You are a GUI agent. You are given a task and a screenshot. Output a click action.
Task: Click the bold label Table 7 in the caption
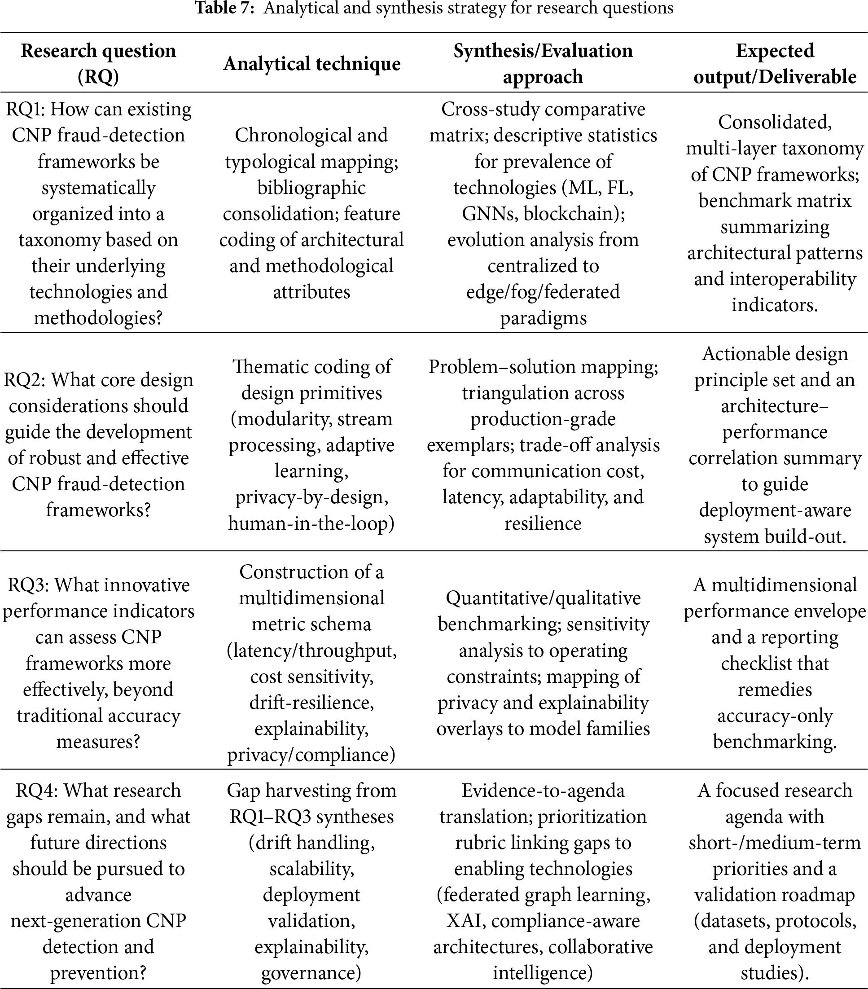224,8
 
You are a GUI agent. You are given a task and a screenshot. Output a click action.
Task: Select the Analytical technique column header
311,64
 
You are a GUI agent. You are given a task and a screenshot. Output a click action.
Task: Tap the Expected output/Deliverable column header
775,64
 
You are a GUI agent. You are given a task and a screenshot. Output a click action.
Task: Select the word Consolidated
775,123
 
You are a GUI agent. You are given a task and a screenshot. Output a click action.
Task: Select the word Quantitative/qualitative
543,598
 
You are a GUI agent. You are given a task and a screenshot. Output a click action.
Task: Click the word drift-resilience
311,703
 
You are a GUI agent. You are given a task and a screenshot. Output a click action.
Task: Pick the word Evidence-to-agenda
543,791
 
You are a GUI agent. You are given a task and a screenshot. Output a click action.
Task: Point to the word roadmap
823,895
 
